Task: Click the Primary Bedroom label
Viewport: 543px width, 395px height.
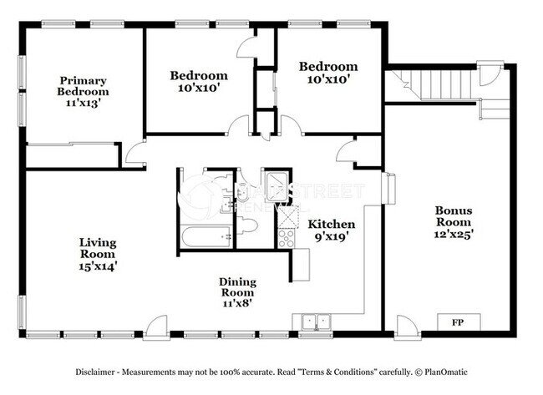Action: coord(83,86)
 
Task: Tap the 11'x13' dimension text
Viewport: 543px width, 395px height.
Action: coord(83,104)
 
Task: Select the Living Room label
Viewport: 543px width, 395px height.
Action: coord(98,248)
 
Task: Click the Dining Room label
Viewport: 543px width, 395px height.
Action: coord(237,287)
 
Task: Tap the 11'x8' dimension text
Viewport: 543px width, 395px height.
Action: coord(237,303)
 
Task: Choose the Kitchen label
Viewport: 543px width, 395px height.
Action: coord(332,225)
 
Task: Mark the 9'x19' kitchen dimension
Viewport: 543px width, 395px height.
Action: coord(332,238)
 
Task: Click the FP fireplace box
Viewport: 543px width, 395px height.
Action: coord(458,322)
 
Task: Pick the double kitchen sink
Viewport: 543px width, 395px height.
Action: coord(315,321)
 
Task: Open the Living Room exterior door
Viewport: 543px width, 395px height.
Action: coord(155,330)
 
